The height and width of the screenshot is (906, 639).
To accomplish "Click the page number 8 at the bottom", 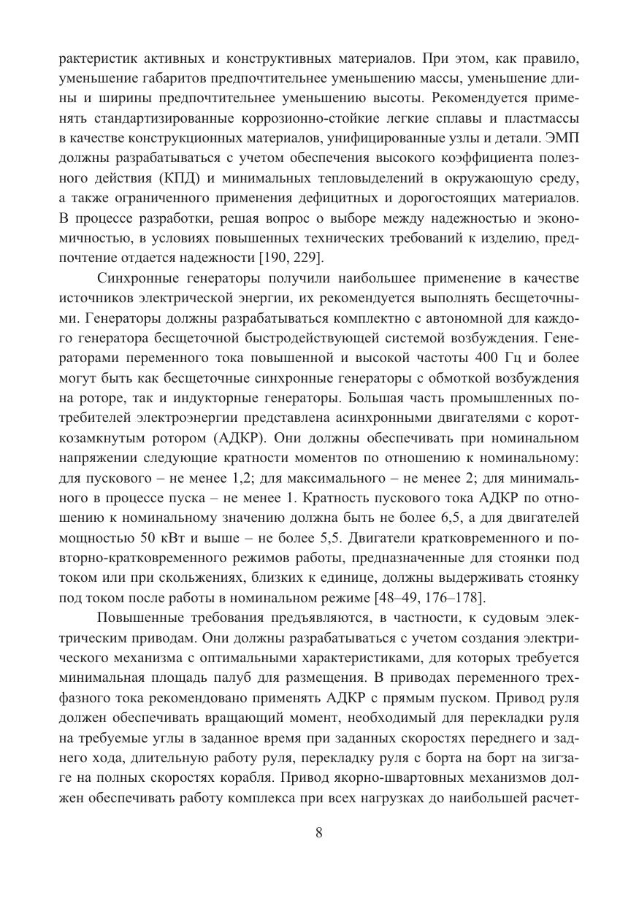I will coord(318,833).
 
